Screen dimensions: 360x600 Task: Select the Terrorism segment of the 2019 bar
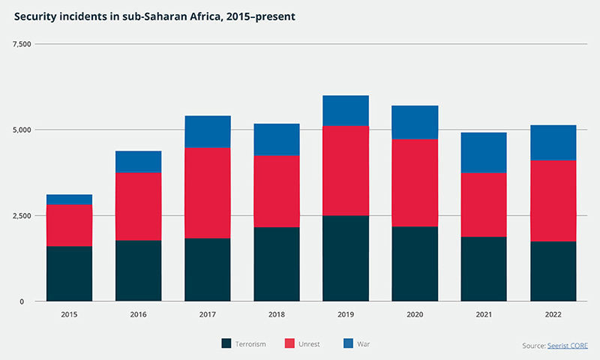tap(346, 258)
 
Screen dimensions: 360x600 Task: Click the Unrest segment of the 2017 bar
tap(208, 193)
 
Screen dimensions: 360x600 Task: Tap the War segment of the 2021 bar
tap(484, 152)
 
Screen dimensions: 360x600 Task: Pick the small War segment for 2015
tap(69, 199)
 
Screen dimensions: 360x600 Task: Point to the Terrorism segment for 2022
tap(553, 271)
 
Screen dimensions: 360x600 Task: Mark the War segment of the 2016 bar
tap(138, 162)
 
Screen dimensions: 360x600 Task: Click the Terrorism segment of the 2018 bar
tap(277, 264)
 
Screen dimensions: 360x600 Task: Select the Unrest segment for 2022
tap(553, 200)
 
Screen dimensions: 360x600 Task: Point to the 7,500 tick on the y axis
tap(22, 44)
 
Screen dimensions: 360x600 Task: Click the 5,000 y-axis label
tap(22, 130)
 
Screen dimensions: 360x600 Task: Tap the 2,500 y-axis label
tap(22, 216)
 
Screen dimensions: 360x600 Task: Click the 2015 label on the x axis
tap(69, 316)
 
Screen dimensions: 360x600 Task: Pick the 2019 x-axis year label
tap(346, 316)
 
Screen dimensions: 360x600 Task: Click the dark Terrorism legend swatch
tap(226, 343)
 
